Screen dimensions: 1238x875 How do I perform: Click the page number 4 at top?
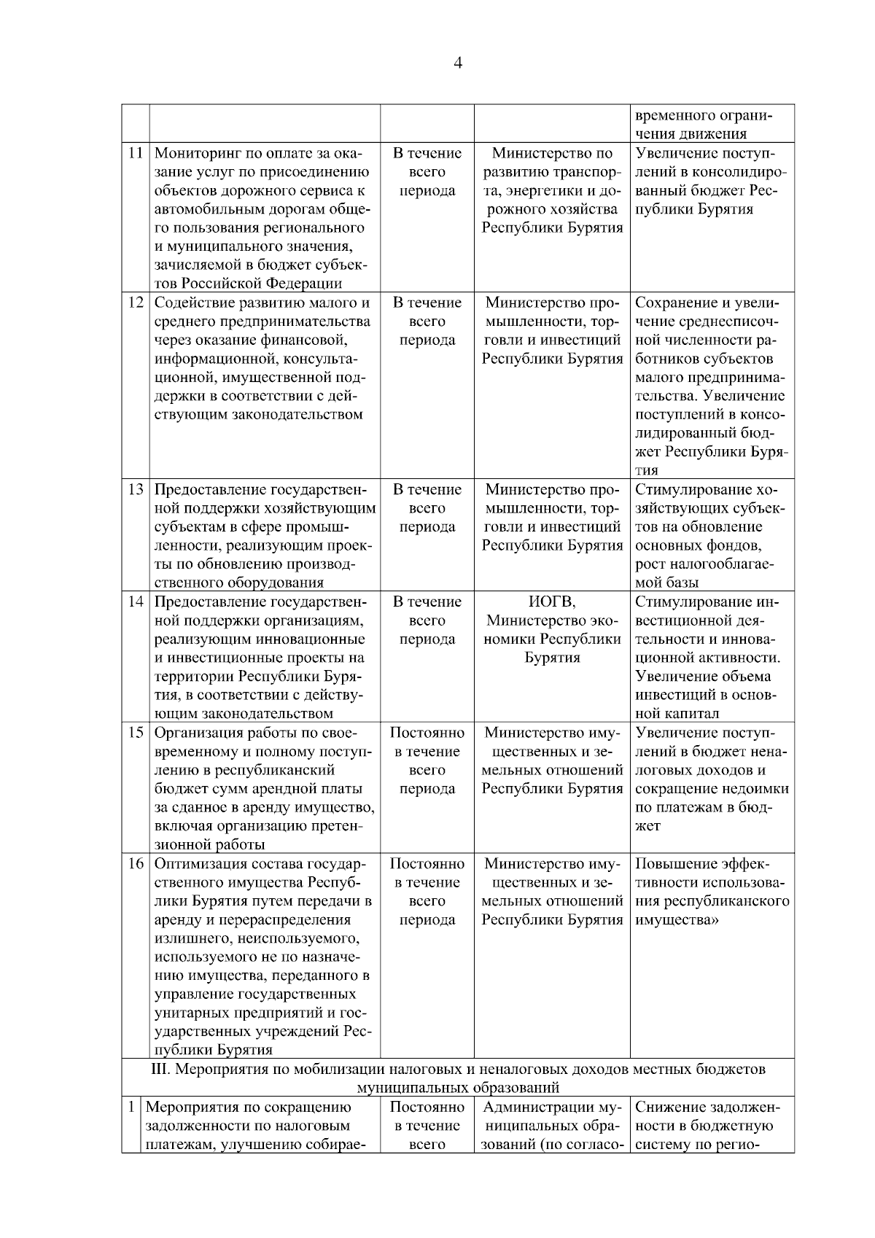point(458,63)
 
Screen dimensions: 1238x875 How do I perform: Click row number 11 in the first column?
point(136,154)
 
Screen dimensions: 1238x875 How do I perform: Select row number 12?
point(136,303)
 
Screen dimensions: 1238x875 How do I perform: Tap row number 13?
point(136,489)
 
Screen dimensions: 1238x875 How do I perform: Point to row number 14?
point(136,602)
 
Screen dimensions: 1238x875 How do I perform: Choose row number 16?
point(136,864)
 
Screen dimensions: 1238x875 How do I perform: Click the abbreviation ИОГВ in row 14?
point(552,602)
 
